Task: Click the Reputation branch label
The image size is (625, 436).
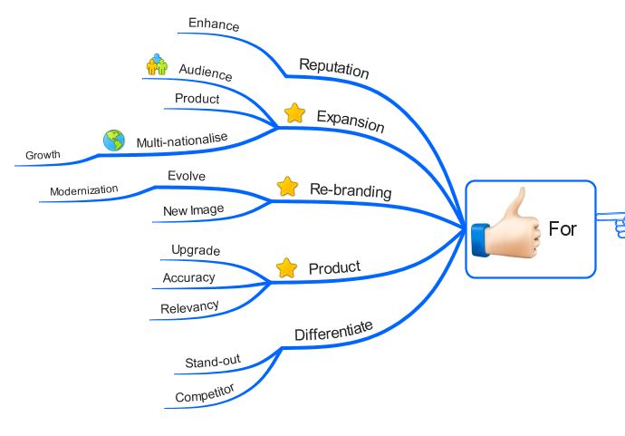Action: (333, 68)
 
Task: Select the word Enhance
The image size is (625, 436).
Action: (214, 24)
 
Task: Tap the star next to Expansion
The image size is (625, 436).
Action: (294, 113)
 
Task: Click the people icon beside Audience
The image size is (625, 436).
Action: (158, 65)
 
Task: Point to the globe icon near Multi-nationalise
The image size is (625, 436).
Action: (113, 140)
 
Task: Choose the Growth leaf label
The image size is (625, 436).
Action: (43, 155)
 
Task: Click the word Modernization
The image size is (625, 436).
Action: (84, 190)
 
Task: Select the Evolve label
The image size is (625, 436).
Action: (187, 175)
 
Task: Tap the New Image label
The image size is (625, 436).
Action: (193, 210)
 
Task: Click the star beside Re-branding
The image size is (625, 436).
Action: (287, 187)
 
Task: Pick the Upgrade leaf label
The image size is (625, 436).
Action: (196, 250)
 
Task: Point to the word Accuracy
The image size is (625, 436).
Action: (188, 277)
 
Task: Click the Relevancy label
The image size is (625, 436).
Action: (189, 307)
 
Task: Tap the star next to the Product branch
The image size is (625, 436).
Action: (286, 267)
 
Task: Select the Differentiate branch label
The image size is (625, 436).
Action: (333, 332)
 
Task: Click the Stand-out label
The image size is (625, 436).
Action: (212, 363)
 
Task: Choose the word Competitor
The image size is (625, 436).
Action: (205, 394)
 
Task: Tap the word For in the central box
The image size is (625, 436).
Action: (562, 228)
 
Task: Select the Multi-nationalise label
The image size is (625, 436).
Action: (182, 140)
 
